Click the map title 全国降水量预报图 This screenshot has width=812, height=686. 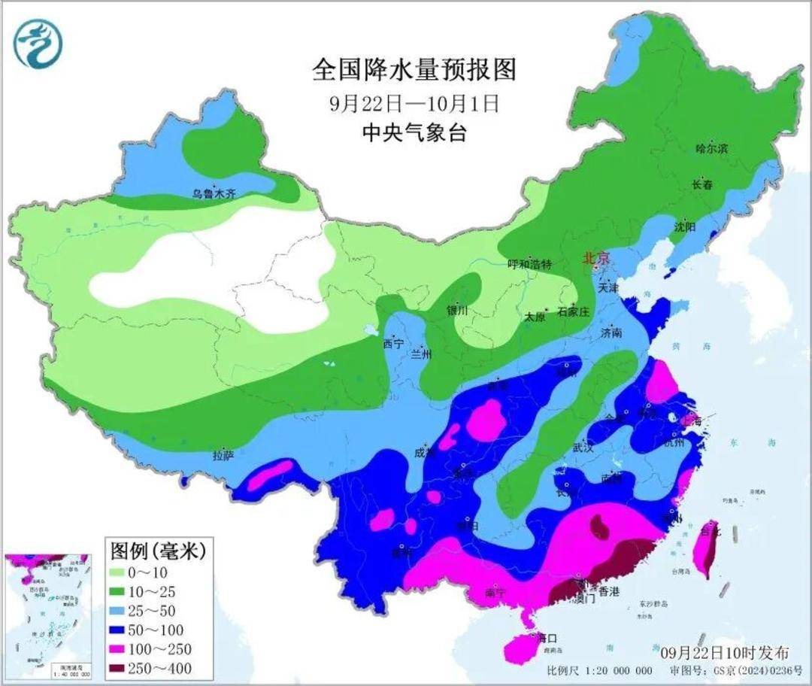[x=414, y=71]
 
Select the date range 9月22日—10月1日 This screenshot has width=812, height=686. [x=414, y=103]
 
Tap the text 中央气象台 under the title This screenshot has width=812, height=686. [x=414, y=133]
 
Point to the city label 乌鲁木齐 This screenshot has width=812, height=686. [x=214, y=194]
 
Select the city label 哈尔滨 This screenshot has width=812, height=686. [x=711, y=149]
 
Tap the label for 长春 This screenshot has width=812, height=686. [x=702, y=185]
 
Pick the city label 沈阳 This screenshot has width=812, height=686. [x=685, y=226]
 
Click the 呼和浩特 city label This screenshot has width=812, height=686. [x=529, y=265]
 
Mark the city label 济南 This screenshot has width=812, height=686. [x=611, y=332]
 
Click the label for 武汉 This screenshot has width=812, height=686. [x=583, y=448]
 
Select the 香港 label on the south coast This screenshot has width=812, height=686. [x=607, y=592]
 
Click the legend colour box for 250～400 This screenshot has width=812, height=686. [x=125, y=668]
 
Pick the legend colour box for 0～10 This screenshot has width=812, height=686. [x=125, y=574]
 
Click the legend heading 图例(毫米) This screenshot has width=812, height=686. [x=157, y=551]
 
